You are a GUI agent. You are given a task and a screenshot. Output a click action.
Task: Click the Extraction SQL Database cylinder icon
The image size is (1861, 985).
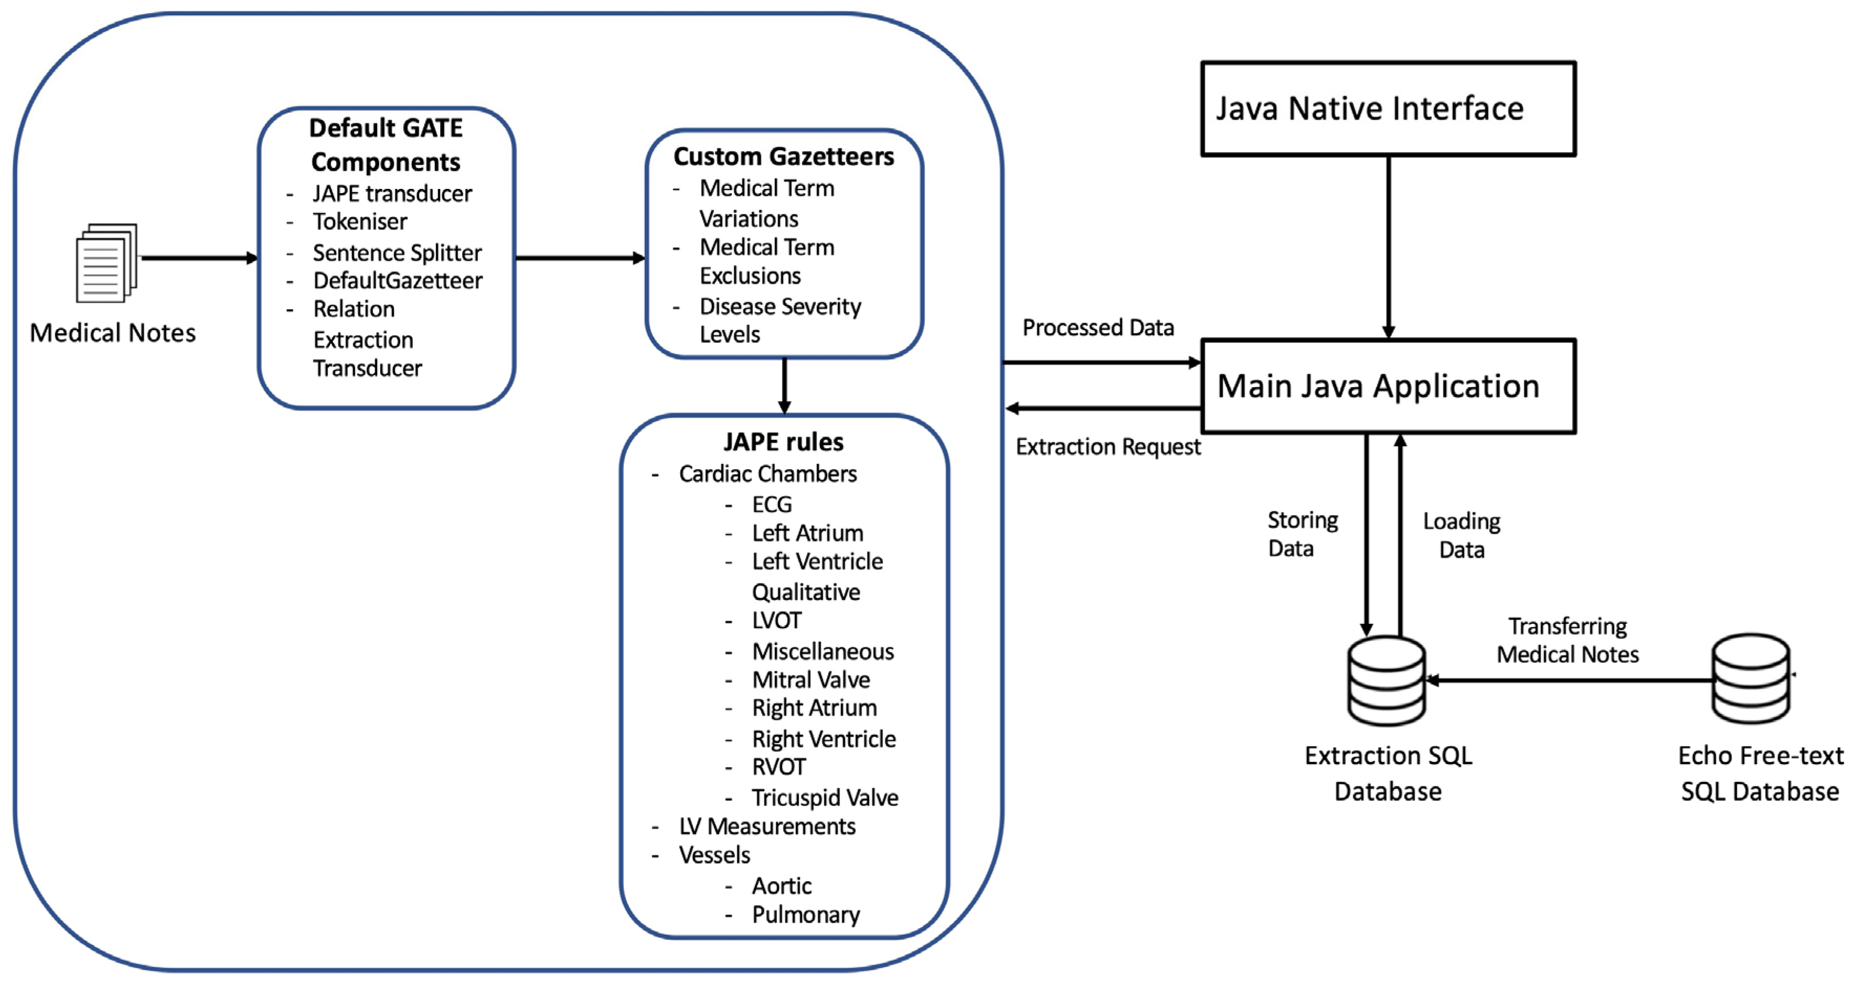click(1386, 680)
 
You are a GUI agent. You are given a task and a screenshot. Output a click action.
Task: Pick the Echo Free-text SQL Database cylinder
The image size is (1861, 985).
click(1750, 679)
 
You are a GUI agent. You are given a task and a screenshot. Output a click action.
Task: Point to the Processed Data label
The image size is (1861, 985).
click(1097, 328)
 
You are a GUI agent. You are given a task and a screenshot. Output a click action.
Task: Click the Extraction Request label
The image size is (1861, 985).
click(1107, 447)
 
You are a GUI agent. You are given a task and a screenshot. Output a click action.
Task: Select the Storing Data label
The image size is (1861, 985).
click(1302, 534)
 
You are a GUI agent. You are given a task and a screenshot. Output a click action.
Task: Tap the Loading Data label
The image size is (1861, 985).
click(1461, 535)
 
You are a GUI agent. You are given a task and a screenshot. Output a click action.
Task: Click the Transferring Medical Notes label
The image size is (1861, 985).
click(1567, 640)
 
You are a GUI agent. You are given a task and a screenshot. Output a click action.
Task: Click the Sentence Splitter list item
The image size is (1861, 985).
click(397, 253)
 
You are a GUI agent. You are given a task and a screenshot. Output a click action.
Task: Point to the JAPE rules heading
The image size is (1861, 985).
click(783, 441)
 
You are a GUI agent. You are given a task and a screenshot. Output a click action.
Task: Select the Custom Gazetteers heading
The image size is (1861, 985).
click(783, 156)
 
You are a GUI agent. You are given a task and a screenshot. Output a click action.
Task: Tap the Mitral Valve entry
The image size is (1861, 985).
click(810, 680)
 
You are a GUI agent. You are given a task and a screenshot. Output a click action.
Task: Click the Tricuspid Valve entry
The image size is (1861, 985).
click(825, 798)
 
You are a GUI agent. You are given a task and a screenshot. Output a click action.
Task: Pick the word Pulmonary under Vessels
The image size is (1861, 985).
click(806, 915)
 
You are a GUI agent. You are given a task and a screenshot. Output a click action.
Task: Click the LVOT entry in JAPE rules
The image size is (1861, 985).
click(777, 621)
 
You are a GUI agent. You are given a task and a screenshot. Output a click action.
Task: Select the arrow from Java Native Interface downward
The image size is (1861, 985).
click(1388, 246)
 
